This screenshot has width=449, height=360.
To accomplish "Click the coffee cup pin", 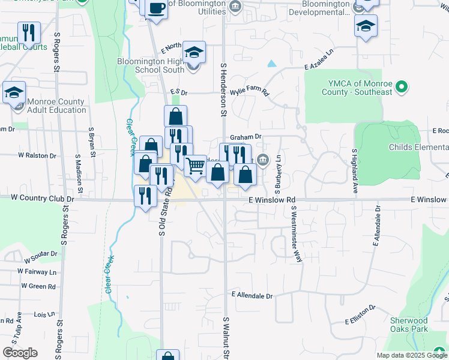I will coord(157,8).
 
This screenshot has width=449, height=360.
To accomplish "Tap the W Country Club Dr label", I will coord(42,198).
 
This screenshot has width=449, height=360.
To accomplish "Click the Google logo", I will coord(20,353).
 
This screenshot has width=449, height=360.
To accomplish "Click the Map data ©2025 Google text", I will coord(411,355).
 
